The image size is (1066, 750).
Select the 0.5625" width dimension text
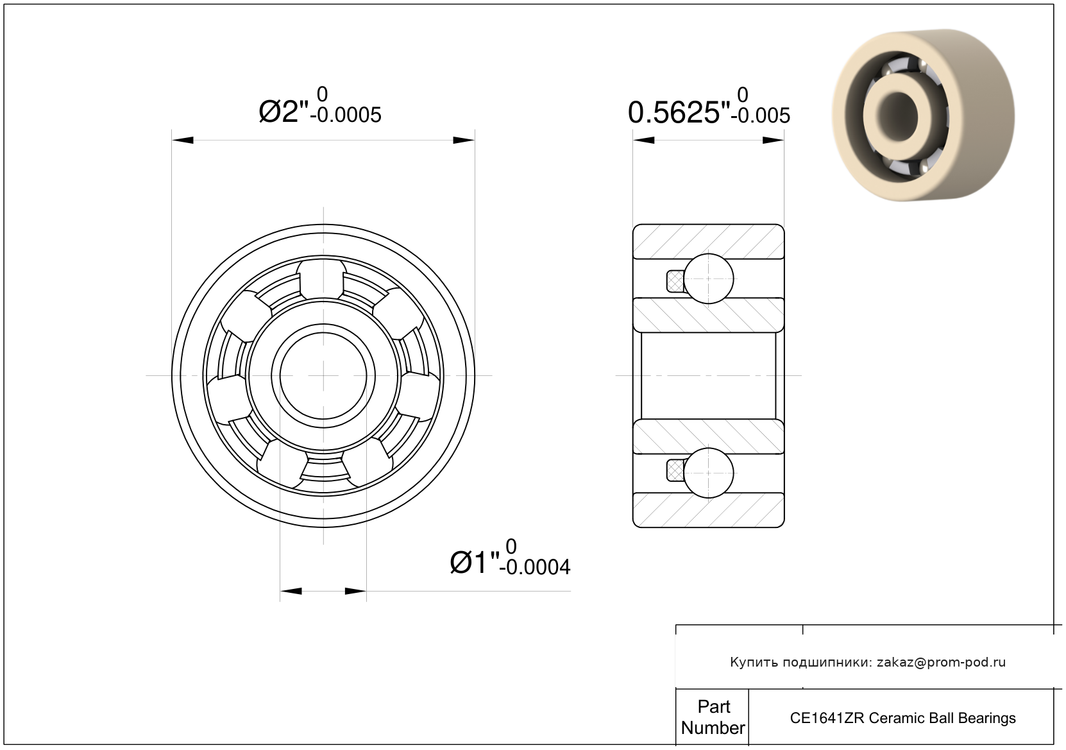(679, 113)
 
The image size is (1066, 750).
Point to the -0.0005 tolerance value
(346, 115)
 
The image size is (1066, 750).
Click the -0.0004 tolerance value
(535, 567)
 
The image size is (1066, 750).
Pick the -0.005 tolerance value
(761, 115)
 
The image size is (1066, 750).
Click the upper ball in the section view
(709, 278)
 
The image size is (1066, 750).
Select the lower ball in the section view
(709, 473)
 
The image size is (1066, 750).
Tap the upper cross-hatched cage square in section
(675, 281)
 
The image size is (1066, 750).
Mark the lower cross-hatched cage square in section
(675, 471)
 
